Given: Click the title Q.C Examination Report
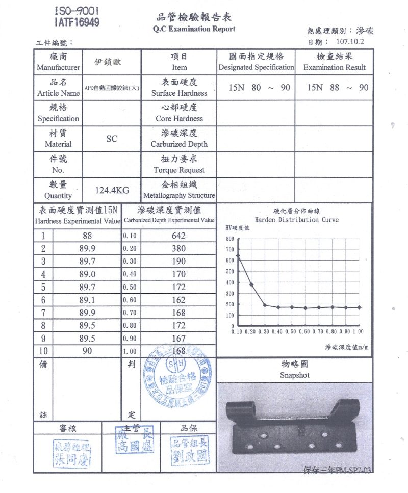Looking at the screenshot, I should [194, 29].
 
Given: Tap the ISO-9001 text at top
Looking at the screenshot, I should [76, 11].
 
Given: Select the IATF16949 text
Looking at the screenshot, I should [76, 22].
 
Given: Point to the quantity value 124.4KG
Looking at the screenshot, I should [112, 191].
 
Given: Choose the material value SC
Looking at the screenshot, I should [112, 139].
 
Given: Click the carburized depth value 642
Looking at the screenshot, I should [179, 236].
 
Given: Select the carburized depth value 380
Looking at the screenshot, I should [179, 249].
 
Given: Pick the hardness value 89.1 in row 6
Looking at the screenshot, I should [87, 300].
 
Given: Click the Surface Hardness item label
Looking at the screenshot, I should [179, 93].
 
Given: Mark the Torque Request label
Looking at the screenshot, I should [179, 170].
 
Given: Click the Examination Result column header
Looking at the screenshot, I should [335, 67].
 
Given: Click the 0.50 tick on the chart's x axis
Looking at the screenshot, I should [291, 331].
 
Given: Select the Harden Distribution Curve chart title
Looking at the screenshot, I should [296, 220].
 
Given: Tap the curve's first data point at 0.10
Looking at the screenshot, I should [238, 255].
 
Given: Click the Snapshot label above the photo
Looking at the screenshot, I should [295, 375].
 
